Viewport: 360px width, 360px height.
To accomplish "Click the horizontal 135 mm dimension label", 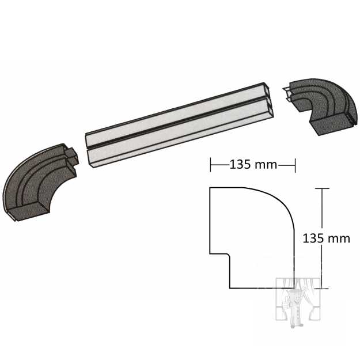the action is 253,165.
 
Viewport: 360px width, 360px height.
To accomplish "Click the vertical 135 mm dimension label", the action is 326,238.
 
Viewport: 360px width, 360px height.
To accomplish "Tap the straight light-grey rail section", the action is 179,125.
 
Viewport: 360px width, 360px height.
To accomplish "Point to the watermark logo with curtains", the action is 298,302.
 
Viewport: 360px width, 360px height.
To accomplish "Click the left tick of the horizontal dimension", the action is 210,165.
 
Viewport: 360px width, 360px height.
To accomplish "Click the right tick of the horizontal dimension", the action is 295,165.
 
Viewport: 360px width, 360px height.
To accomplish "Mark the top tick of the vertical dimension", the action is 322,188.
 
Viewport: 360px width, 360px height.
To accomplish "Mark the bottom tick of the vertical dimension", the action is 322,288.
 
